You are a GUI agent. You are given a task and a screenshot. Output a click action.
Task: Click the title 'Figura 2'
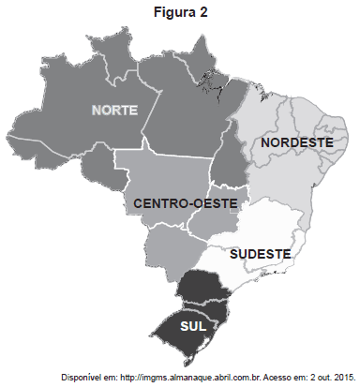click(x=181, y=12)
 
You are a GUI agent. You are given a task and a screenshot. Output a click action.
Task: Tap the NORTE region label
click(x=114, y=110)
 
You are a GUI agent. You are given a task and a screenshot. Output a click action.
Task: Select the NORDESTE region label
click(x=297, y=142)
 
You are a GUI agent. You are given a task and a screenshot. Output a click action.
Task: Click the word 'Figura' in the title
click(x=174, y=12)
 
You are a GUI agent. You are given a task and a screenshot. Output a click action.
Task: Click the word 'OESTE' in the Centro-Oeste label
click(x=221, y=202)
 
